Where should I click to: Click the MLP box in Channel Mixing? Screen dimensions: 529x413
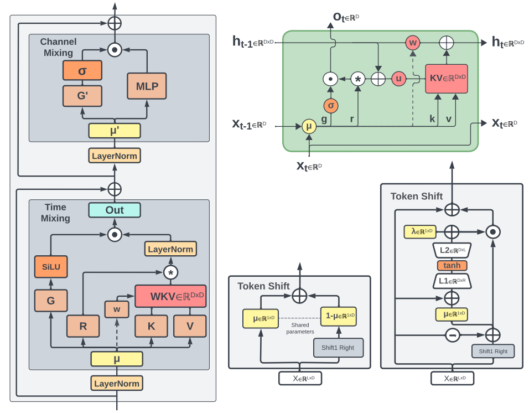point(147,86)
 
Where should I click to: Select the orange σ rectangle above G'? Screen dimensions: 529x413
point(82,70)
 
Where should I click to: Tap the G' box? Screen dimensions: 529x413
point(82,96)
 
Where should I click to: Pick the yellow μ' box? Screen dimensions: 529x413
point(115,131)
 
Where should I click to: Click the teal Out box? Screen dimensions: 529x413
point(115,210)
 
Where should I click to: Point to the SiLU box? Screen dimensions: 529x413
point(51,266)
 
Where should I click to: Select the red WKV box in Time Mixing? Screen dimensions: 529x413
point(170,296)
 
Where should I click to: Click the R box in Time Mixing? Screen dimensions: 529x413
point(83,326)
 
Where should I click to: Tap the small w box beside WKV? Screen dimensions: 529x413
point(117,309)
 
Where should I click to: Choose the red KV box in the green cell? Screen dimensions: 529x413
point(447,79)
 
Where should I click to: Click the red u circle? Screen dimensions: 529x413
point(399,79)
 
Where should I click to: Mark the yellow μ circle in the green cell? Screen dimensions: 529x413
point(309,127)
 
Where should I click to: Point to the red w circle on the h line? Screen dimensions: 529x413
point(413,43)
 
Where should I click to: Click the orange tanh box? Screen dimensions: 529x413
point(452,266)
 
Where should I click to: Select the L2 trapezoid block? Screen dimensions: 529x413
point(452,250)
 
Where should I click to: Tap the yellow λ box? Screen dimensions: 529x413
point(420,232)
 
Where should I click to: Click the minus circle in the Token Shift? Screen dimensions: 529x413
point(453,335)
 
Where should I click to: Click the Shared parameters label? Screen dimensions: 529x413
point(300,328)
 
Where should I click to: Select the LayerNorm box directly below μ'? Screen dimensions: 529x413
point(115,156)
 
